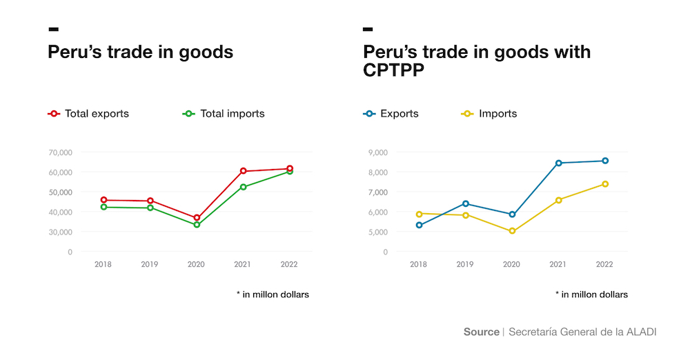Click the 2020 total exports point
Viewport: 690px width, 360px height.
pos(197,218)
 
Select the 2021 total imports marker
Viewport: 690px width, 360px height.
pos(244,187)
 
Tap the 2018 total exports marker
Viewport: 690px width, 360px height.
pos(103,200)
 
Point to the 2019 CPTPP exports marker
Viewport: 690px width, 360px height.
pos(466,203)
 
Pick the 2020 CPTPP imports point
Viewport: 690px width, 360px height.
pos(512,231)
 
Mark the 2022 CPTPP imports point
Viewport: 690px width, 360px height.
pos(605,184)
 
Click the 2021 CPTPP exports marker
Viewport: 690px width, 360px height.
pos(559,163)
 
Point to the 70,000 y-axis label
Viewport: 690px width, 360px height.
pos(61,152)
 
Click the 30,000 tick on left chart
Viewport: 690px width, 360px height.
pos(61,232)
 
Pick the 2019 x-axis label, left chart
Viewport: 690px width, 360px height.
pos(150,264)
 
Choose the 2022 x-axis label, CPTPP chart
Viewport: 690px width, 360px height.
pos(604,264)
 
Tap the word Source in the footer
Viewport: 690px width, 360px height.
pos(481,332)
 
